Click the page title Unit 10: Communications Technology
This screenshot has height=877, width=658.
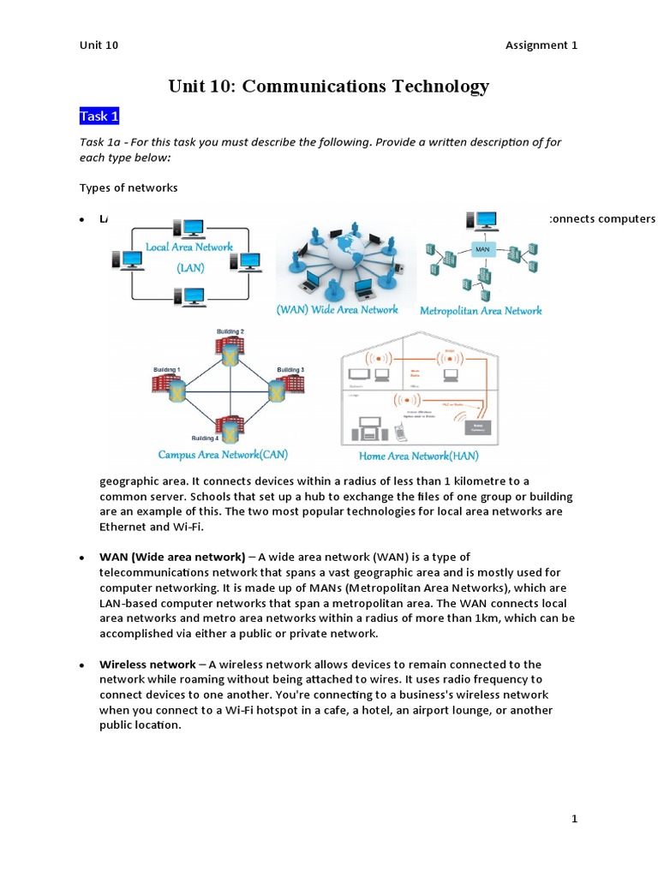tap(328, 86)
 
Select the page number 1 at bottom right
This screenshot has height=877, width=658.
tap(574, 819)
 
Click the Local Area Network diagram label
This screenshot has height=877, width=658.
tap(188, 247)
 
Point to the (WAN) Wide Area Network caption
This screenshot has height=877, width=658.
tap(337, 309)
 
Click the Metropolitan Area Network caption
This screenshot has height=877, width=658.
tap(481, 311)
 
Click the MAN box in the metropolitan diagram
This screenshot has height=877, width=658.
tap(482, 249)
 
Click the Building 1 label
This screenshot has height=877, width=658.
tap(166, 369)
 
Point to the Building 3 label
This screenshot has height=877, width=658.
tap(290, 369)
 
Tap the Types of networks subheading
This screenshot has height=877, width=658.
tap(129, 188)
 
